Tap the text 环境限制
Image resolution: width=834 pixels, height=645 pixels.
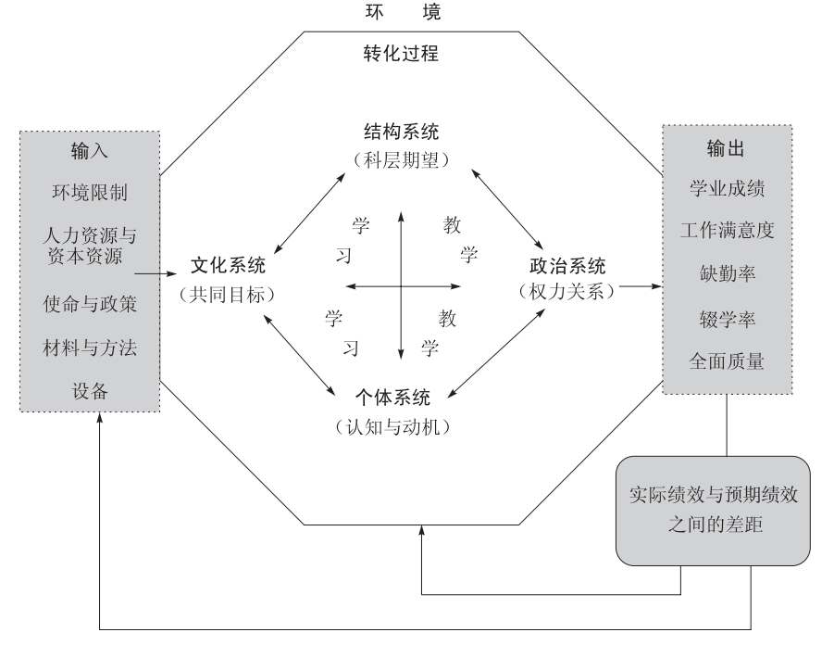click(89, 193)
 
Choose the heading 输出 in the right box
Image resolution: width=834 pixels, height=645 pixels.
click(727, 149)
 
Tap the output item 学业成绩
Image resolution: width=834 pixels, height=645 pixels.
click(727, 188)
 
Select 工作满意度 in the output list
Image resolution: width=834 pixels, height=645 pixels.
click(727, 231)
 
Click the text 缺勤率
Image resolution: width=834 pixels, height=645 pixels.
click(727, 274)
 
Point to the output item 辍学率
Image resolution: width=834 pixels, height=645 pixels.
click(727, 318)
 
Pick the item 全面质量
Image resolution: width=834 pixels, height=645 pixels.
click(727, 360)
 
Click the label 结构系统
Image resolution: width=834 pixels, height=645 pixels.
click(401, 131)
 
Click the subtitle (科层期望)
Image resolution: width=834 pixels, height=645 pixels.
click(401, 158)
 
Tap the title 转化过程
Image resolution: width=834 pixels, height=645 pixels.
click(401, 54)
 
